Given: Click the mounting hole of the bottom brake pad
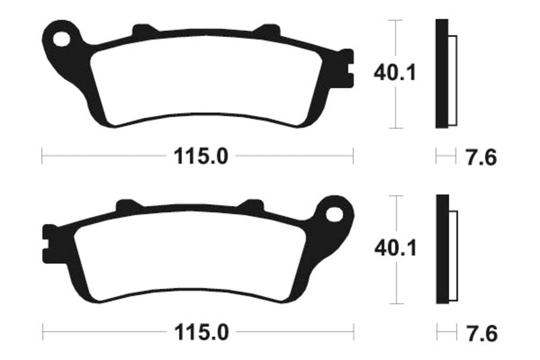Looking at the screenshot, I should tap(334, 215).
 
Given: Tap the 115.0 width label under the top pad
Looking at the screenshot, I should tap(200, 157).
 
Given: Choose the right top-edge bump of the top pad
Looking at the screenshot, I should tap(268, 31).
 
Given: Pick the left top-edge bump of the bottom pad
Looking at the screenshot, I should tap(127, 205).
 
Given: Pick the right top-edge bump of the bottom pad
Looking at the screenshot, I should tap(252, 205).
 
